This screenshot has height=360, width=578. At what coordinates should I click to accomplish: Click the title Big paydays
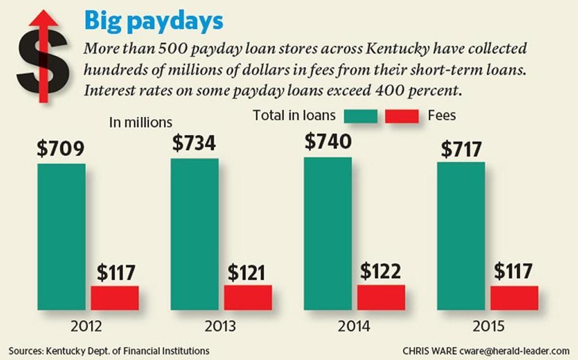click(x=154, y=21)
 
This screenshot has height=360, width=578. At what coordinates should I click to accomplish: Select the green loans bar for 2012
click(x=61, y=236)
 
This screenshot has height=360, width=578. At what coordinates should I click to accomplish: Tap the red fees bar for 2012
click(x=115, y=298)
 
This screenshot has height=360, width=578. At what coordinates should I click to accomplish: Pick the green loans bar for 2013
click(x=195, y=234)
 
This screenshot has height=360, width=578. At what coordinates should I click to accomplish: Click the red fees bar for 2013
click(x=248, y=297)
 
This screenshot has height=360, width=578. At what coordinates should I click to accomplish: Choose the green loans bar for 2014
click(x=328, y=233)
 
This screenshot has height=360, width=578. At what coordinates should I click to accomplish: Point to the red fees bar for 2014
click(x=381, y=297)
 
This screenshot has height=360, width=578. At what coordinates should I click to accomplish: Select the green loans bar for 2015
click(x=461, y=236)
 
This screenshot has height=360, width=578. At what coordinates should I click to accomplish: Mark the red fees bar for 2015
click(x=514, y=298)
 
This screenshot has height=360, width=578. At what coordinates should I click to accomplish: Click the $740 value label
click(x=328, y=141)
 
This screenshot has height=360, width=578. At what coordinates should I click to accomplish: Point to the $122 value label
click(x=380, y=272)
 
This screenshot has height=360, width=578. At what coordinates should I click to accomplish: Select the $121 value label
click(x=246, y=273)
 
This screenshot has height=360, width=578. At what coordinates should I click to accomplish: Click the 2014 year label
click(x=354, y=326)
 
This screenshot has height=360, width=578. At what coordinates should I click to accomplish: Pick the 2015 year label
click(x=488, y=326)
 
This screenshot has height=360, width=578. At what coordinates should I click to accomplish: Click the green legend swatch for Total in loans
click(x=360, y=116)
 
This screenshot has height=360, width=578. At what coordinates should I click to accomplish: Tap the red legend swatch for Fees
click(x=402, y=116)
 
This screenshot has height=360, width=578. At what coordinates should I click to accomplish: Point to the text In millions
click(x=141, y=123)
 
